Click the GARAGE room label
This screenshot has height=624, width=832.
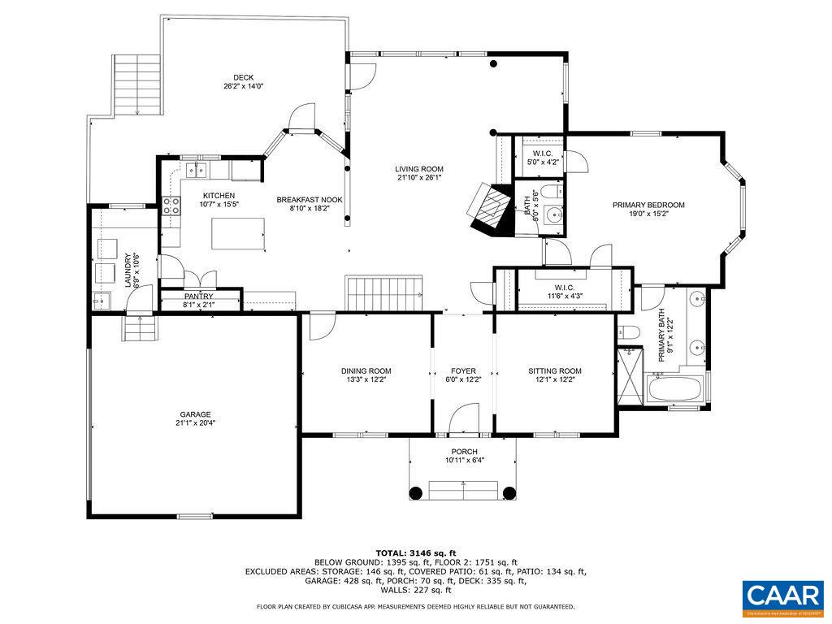click(x=195, y=414)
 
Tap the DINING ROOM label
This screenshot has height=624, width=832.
click(x=366, y=371)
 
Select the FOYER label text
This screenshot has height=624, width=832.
click(x=463, y=371)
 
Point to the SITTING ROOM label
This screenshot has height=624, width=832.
click(x=555, y=371)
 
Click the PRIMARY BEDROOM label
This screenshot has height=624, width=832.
click(x=648, y=206)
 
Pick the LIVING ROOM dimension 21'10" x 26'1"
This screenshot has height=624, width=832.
click(x=420, y=178)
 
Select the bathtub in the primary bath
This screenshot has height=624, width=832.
click(x=677, y=390)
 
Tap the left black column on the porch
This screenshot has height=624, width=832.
click(x=416, y=492)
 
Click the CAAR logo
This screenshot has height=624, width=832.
click(x=782, y=596)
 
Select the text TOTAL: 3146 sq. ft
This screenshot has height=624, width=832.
click(x=415, y=552)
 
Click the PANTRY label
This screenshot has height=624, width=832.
click(x=198, y=297)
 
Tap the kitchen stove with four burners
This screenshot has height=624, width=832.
click(x=171, y=206)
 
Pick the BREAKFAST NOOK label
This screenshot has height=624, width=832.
click(x=310, y=200)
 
